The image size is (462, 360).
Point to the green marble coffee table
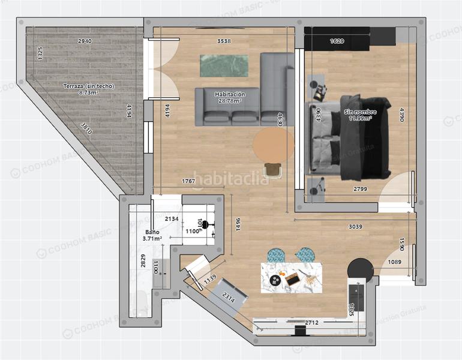point(224,66)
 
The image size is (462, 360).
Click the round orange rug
point(274,145)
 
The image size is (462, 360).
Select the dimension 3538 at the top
point(224,41)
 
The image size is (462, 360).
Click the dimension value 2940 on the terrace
point(85,41)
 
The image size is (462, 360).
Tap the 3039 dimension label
point(356,227)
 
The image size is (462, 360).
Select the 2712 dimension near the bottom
point(311,323)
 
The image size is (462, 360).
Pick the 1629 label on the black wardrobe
point(337,41)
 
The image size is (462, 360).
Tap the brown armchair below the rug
point(274,170)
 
